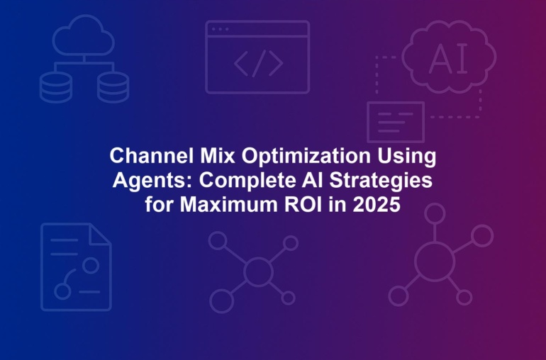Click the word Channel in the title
click(x=152, y=156)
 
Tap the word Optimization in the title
click(x=306, y=157)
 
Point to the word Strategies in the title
click(x=381, y=181)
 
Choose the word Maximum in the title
click(x=229, y=204)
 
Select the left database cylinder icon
click(x=56, y=87)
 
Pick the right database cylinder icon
click(x=113, y=87)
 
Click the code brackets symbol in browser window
click(x=258, y=63)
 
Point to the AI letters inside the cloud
click(x=448, y=60)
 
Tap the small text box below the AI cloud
click(x=396, y=102)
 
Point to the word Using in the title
click(x=406, y=157)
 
